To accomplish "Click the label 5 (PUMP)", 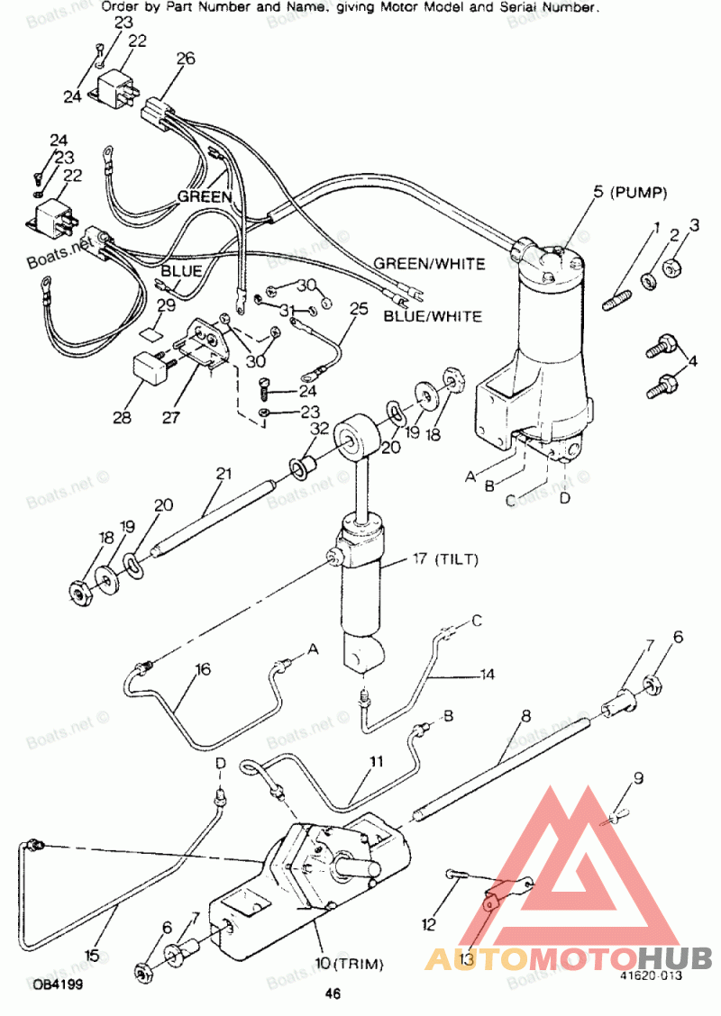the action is (x=630, y=192).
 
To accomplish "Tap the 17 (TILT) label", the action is (x=445, y=558).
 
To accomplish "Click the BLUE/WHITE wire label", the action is (x=433, y=316).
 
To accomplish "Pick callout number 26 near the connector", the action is (x=186, y=59).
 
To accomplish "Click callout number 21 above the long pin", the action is (x=223, y=474).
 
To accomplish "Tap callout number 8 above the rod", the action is (x=525, y=715).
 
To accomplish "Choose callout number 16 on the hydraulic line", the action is (x=203, y=668).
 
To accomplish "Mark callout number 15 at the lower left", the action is (x=93, y=955).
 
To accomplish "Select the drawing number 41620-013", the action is (x=651, y=975).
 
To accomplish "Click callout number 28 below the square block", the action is (x=122, y=417).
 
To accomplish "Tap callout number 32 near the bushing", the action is (x=320, y=429).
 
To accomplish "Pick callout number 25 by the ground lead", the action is (x=359, y=308).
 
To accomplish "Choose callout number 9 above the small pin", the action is (x=639, y=777).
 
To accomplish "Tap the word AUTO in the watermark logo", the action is (x=468, y=958).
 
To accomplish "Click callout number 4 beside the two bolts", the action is (x=692, y=360).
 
